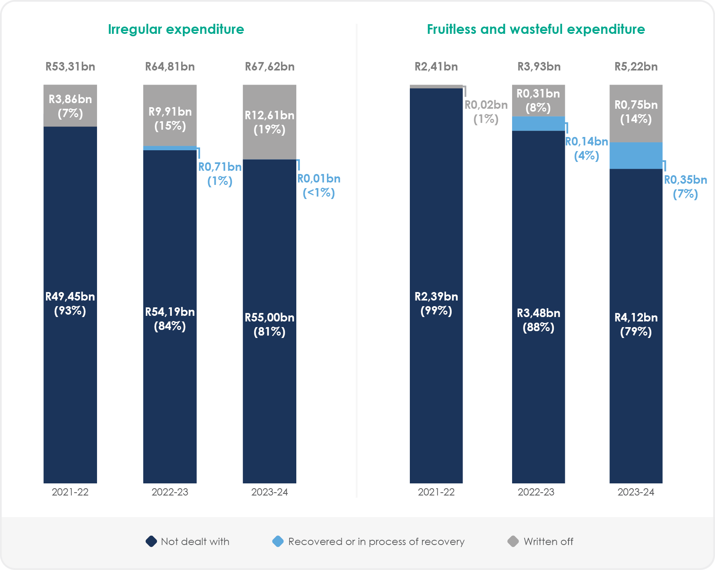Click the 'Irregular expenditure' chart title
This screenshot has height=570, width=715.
(x=176, y=29)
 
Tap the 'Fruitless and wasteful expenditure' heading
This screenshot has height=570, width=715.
(x=535, y=29)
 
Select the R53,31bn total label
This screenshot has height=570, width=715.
(x=70, y=66)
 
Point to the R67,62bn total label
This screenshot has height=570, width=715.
(x=270, y=66)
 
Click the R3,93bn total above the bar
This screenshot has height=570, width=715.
(x=539, y=66)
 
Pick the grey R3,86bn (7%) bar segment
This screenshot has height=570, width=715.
(x=70, y=106)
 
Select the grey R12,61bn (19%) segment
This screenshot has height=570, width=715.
(x=269, y=122)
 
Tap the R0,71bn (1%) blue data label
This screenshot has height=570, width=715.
(x=220, y=174)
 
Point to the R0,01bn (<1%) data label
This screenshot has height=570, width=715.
(x=319, y=185)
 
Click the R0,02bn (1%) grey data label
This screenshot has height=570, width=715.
(x=486, y=112)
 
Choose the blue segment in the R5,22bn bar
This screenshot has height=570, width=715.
(x=636, y=155)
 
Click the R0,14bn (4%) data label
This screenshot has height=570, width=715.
(x=587, y=148)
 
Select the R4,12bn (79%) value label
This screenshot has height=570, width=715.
(x=636, y=324)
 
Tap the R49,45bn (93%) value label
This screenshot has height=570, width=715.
(x=70, y=303)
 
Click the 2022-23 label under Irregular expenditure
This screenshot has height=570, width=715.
(x=170, y=492)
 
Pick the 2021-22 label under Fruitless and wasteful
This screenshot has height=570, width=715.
(x=436, y=492)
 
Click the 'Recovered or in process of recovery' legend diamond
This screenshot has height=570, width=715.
(x=278, y=541)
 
